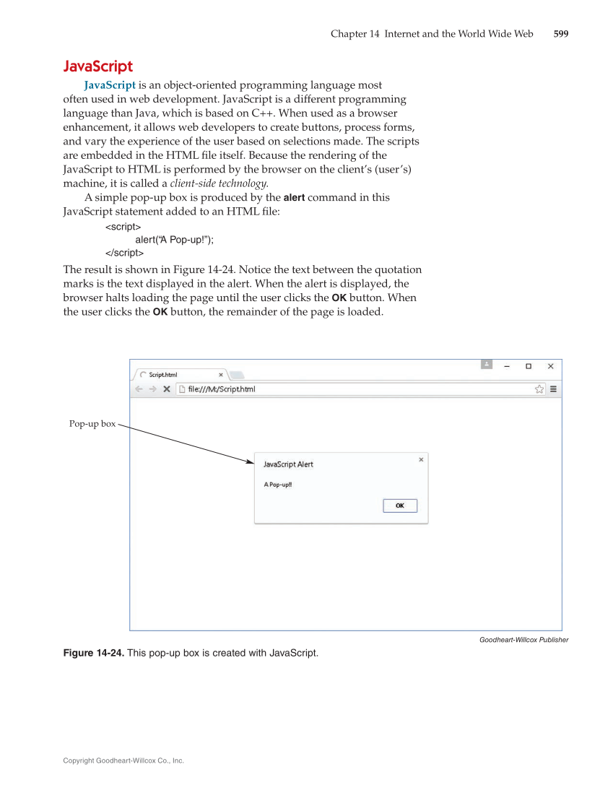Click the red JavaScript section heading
tap(98, 66)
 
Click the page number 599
tap(560, 34)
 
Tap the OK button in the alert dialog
tap(399, 506)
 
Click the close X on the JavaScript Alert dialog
tap(421, 459)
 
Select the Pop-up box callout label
tap(92, 424)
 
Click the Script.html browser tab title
tap(163, 375)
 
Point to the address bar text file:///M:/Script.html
tap(221, 389)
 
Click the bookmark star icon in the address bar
tap(539, 389)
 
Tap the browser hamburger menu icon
tap(553, 389)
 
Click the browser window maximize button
tap(529, 366)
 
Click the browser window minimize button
tap(507, 366)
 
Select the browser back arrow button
tap(139, 389)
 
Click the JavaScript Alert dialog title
tap(288, 464)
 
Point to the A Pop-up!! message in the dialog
tap(278, 485)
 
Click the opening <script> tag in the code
tap(123, 227)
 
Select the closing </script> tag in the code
tap(124, 253)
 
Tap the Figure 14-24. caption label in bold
tap(94, 654)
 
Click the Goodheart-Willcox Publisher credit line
tap(523, 639)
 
